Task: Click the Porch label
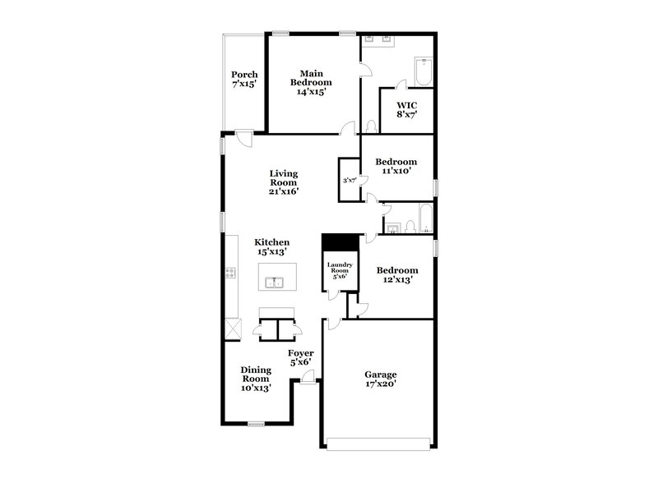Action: point(244,79)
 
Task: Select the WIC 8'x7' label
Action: point(406,109)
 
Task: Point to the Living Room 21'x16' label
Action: point(283,182)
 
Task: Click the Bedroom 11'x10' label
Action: point(396,166)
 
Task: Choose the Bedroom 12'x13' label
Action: point(396,274)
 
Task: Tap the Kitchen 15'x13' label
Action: point(271,247)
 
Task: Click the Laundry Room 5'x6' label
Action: point(340,269)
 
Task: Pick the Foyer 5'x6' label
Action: point(300,358)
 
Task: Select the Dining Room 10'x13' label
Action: point(255,379)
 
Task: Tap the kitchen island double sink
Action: point(274,283)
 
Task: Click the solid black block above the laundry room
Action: point(340,243)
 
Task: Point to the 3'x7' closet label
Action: point(350,181)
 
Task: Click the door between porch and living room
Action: point(243,138)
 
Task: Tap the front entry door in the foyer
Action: point(308,377)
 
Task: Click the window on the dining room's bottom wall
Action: point(256,424)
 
